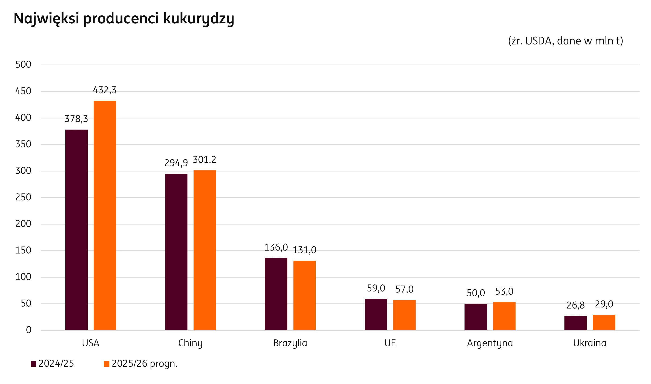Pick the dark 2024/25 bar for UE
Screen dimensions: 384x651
(x=376, y=314)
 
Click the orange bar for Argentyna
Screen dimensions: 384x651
(x=504, y=316)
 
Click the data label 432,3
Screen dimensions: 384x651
(x=105, y=90)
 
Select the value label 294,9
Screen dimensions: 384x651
(x=176, y=163)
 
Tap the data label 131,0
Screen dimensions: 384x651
(x=304, y=250)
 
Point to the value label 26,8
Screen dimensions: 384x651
(x=575, y=306)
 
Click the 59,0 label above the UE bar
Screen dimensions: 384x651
(x=376, y=288)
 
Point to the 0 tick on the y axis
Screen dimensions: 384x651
(x=29, y=330)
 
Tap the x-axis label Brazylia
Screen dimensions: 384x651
(x=290, y=343)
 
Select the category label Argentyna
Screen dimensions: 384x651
(x=490, y=343)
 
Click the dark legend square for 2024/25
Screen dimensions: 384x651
(x=33, y=364)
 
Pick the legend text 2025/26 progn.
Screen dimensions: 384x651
(x=144, y=364)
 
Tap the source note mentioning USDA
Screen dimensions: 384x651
(x=565, y=41)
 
